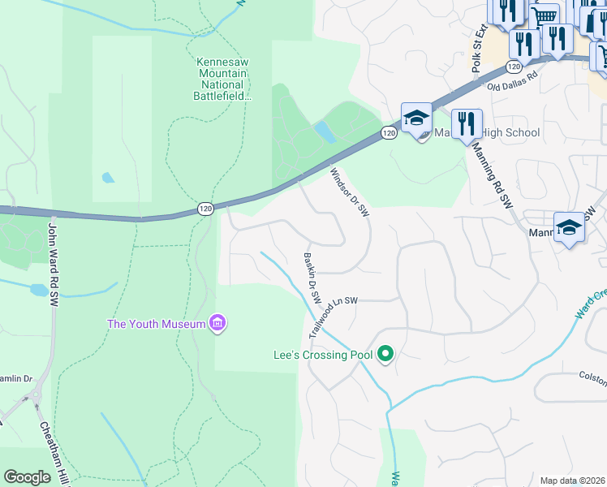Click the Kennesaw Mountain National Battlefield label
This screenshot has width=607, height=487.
[x=224, y=79]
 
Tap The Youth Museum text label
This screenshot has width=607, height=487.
[x=157, y=325]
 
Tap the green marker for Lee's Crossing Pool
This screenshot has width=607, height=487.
[x=386, y=355]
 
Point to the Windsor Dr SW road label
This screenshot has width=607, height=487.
[x=350, y=192]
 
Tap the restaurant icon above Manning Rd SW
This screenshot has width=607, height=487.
[x=466, y=124]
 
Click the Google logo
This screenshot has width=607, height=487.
[x=27, y=477]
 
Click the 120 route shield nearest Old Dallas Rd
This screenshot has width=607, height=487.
[x=513, y=66]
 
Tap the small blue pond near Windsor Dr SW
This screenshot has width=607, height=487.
[x=324, y=132]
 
